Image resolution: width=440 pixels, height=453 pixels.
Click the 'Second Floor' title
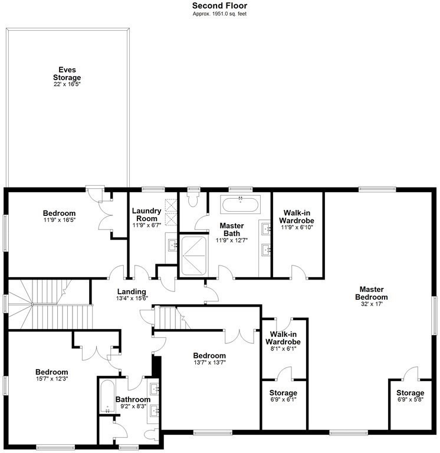219,5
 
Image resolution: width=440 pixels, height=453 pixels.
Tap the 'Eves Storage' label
67,74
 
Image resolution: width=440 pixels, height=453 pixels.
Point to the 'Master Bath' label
228,229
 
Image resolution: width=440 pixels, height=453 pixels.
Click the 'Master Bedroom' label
372,293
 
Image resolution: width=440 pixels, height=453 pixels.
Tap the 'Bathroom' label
131,398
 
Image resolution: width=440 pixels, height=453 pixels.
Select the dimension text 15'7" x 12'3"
51,379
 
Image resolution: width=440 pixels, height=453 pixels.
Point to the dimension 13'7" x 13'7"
209,363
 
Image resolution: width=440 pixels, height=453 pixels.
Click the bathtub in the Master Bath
241,204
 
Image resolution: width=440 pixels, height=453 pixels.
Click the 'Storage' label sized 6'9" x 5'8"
410,393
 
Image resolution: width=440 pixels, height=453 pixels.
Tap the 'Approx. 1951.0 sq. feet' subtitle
219,14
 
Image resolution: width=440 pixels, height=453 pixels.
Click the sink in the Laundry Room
171,243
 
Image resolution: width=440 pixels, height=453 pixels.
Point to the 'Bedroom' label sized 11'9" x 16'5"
59,213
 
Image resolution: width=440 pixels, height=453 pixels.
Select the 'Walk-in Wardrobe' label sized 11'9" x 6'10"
297,216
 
